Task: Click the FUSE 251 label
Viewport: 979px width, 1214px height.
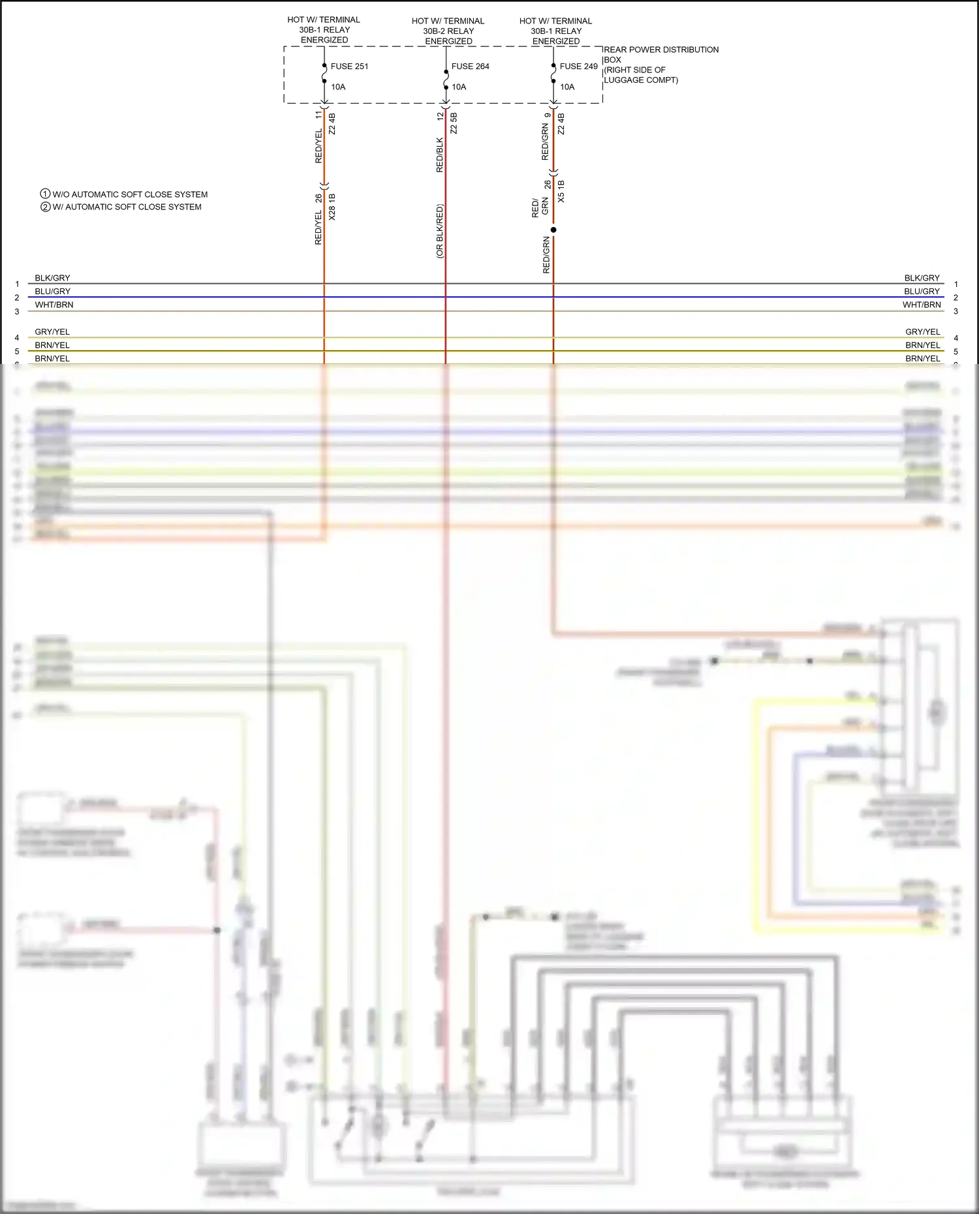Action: coord(349,66)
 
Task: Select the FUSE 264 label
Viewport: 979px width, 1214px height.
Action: coord(470,66)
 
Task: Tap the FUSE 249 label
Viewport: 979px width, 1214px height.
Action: coord(578,66)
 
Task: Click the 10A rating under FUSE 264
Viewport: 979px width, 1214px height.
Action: coord(459,87)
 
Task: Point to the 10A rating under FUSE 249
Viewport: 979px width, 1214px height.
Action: coord(567,87)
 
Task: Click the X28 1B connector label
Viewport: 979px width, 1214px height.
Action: coord(332,207)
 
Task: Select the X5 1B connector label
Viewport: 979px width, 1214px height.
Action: coord(561,191)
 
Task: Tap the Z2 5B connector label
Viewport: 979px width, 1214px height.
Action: coord(454,123)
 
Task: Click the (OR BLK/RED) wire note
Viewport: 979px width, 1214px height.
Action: coord(440,232)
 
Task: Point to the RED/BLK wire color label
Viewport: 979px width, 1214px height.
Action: coord(440,155)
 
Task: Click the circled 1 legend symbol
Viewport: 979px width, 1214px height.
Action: coord(45,194)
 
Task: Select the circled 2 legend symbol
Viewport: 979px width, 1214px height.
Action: coord(45,207)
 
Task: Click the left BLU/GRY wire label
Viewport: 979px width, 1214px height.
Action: coord(52,291)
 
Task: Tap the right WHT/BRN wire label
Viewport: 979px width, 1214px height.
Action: coord(922,305)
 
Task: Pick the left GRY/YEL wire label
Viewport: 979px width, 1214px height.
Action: coord(52,331)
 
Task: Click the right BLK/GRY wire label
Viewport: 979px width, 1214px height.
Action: coord(922,278)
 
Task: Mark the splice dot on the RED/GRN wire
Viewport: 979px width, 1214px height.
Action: coord(553,230)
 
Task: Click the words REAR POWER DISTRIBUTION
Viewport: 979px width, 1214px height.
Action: coord(661,50)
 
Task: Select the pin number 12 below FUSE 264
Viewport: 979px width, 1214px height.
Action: coord(440,116)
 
